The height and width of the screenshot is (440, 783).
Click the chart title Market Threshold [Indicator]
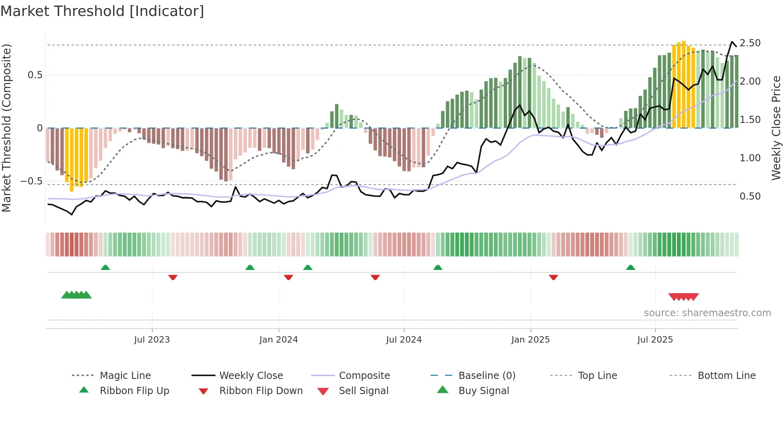pos(102,11)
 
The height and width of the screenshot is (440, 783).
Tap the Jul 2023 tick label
pos(152,340)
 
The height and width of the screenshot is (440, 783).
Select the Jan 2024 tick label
pos(278,340)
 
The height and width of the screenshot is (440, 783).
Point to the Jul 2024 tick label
pos(404,340)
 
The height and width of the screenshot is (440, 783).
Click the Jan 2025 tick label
pos(531,340)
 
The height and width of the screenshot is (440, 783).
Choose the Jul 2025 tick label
pos(655,340)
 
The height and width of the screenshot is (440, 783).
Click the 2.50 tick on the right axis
pos(750,43)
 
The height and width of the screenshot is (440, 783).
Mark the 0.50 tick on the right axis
pos(750,196)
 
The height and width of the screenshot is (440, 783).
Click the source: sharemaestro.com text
pos(707,313)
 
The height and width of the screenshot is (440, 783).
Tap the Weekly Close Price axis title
pos(776,128)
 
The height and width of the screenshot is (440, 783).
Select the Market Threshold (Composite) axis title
pos(6,128)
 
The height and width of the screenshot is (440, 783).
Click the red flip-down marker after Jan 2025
pos(553,277)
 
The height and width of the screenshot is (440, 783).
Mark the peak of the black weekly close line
pos(732,42)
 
